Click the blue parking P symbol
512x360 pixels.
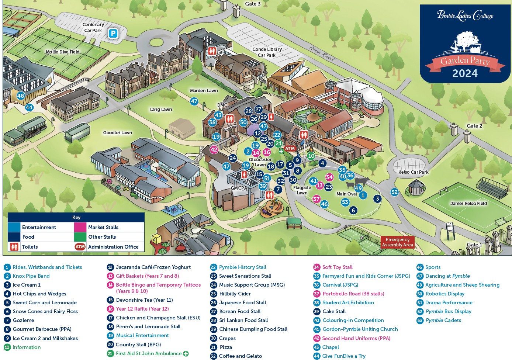point(113,34)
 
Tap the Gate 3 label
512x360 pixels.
point(253,4)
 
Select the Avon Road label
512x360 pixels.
point(322,53)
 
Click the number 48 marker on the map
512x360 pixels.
point(21,96)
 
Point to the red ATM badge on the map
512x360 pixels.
point(290,149)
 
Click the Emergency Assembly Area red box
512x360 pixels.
point(398,242)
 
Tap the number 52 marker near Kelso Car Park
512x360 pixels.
point(395,192)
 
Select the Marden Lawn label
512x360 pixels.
point(204,90)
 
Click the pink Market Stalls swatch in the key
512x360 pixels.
point(80,227)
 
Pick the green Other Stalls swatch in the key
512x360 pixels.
point(80,237)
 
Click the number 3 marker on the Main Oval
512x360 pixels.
point(377,199)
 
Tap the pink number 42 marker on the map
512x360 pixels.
point(214,150)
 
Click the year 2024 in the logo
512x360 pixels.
point(465,73)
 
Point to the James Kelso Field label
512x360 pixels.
point(468,204)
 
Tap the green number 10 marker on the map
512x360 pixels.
point(311,156)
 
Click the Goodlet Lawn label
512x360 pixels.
point(117,132)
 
